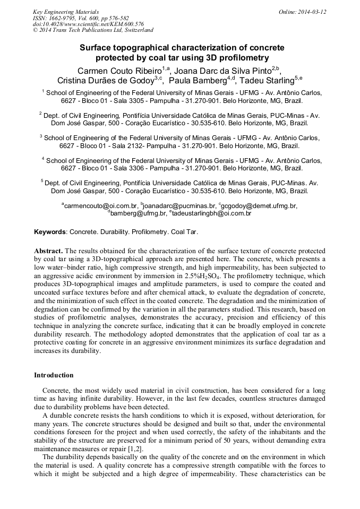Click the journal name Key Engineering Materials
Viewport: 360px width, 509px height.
pyautogui.click(x=66, y=12)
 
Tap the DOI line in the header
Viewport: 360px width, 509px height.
pyautogui.click(x=88, y=24)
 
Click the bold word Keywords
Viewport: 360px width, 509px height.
pyautogui.click(x=50, y=232)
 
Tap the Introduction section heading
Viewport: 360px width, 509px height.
pyautogui.click(x=54, y=375)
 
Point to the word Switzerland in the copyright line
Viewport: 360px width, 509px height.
pyautogui.click(x=136, y=31)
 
